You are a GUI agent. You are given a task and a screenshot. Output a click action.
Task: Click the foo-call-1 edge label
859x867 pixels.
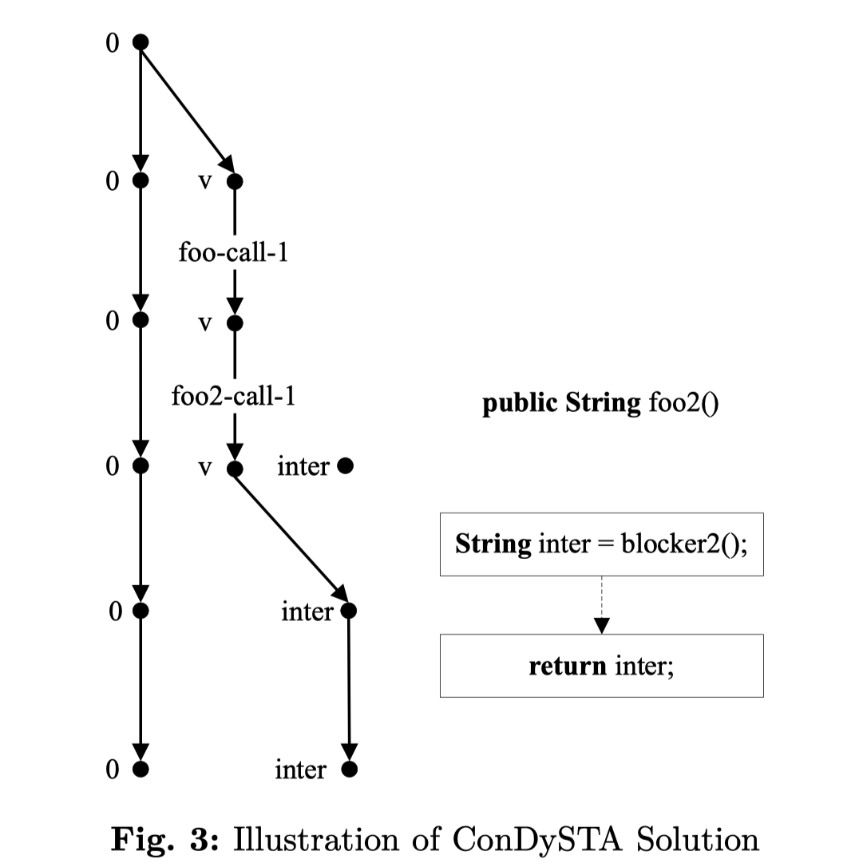233,254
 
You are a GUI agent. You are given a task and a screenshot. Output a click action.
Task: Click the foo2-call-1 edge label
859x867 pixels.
233,396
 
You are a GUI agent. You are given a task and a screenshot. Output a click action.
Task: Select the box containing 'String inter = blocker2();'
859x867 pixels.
601,544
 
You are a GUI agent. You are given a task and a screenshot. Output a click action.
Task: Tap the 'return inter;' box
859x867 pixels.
601,666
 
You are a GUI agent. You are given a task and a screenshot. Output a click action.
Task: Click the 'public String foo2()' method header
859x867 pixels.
600,404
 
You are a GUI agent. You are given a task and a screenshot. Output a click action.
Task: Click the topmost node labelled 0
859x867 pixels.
141,42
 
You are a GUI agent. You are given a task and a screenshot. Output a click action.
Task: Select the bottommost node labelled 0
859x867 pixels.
141,770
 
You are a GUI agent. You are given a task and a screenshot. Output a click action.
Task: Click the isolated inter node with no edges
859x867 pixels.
345,465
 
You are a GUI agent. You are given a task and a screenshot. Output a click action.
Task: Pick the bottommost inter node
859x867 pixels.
349,770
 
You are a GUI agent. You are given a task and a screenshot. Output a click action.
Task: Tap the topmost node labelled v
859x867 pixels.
234,181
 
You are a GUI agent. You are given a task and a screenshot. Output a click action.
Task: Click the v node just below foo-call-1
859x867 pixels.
234,323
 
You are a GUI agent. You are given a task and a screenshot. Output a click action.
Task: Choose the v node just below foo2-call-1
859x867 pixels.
234,469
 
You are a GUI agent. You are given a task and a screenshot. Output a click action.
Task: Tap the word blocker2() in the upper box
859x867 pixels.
684,544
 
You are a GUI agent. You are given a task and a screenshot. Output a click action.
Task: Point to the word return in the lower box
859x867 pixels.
567,666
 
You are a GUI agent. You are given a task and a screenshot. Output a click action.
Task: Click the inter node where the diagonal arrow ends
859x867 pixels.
349,612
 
